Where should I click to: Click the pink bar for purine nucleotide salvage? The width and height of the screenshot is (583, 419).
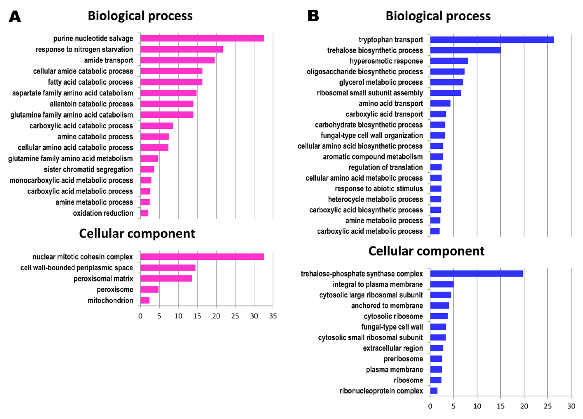[x=202, y=38]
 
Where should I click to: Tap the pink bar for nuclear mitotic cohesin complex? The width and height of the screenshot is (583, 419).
[x=202, y=257]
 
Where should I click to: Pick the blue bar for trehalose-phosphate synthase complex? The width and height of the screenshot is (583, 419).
[x=476, y=274]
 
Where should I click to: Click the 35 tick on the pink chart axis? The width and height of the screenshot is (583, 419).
[x=273, y=316]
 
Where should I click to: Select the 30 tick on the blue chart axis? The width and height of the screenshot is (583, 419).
[x=571, y=406]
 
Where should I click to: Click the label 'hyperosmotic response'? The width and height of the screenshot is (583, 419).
[x=386, y=61]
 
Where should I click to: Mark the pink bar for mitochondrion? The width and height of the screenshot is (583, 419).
[x=145, y=300]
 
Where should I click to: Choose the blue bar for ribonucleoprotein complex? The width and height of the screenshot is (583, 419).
[x=434, y=391]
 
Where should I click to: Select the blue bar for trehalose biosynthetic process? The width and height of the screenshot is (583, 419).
[x=465, y=50]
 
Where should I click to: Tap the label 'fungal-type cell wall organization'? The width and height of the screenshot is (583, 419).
[x=372, y=135]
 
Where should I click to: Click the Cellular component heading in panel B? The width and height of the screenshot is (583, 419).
[x=426, y=251]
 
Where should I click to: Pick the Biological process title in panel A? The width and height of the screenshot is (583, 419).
[x=140, y=16]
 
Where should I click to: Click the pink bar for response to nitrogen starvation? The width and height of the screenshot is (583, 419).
[x=181, y=49]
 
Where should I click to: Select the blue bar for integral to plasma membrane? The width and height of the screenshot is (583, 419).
[x=442, y=284]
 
